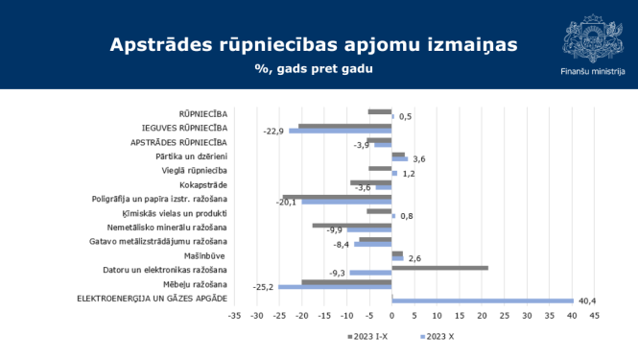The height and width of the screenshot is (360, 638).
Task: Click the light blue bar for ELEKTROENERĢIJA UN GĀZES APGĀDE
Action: (x=483, y=300)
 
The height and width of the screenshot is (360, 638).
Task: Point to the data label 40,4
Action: (x=601, y=300)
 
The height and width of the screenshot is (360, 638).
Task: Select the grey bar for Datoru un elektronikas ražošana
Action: (x=439, y=268)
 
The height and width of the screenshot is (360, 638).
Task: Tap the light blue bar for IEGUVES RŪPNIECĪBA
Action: (x=341, y=130)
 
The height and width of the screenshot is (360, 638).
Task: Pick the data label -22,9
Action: (x=274, y=131)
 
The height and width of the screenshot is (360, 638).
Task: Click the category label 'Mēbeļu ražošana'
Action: (x=195, y=285)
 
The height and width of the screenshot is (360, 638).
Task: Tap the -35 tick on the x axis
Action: (x=234, y=314)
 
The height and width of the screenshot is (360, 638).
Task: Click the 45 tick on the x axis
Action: (x=594, y=314)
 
